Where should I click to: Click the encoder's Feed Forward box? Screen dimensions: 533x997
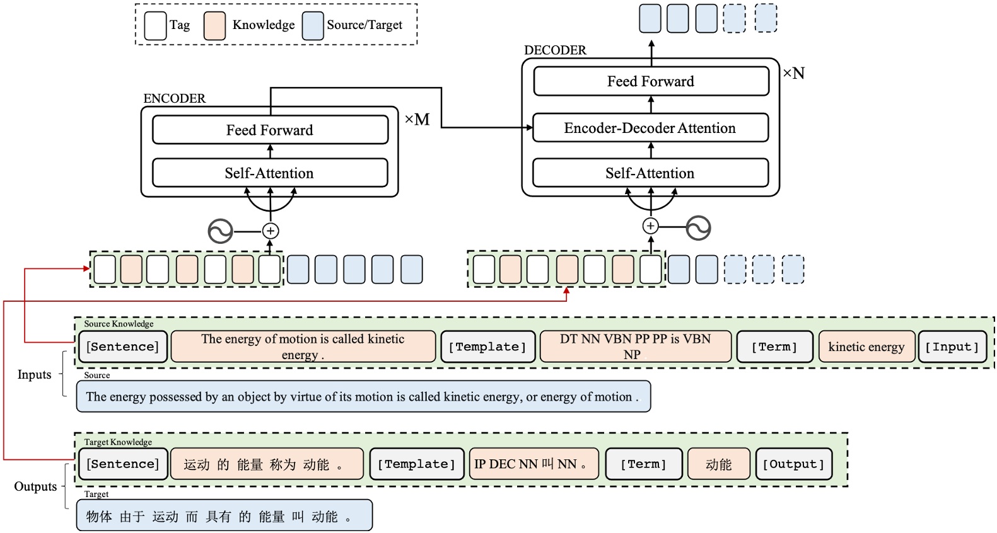[270, 130]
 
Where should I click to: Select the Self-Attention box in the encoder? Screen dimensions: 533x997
[270, 173]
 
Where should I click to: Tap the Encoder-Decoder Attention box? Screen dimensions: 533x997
[650, 128]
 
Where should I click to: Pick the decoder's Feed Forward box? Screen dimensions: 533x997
[651, 81]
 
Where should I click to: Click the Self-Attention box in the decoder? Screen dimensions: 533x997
[650, 173]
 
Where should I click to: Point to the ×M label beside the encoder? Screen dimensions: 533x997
[417, 120]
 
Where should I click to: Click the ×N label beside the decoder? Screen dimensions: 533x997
[793, 73]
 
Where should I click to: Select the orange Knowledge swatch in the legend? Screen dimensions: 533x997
[214, 25]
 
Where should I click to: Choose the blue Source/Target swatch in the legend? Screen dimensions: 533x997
[313, 25]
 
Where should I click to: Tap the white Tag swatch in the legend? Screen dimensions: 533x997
[155, 25]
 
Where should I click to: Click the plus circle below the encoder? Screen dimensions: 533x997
[271, 231]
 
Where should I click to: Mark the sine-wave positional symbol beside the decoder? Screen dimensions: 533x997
[698, 228]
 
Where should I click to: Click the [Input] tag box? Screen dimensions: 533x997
[952, 347]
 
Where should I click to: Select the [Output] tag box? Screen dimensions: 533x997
[793, 464]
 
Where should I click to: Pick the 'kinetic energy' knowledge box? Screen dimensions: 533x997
[866, 347]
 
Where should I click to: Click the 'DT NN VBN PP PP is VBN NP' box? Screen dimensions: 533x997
[636, 347]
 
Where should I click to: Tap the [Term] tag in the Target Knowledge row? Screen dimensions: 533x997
[643, 464]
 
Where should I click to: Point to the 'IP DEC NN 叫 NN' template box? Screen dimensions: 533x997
[533, 464]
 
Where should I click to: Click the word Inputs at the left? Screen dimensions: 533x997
[35, 375]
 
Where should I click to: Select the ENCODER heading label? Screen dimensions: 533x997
[175, 98]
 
